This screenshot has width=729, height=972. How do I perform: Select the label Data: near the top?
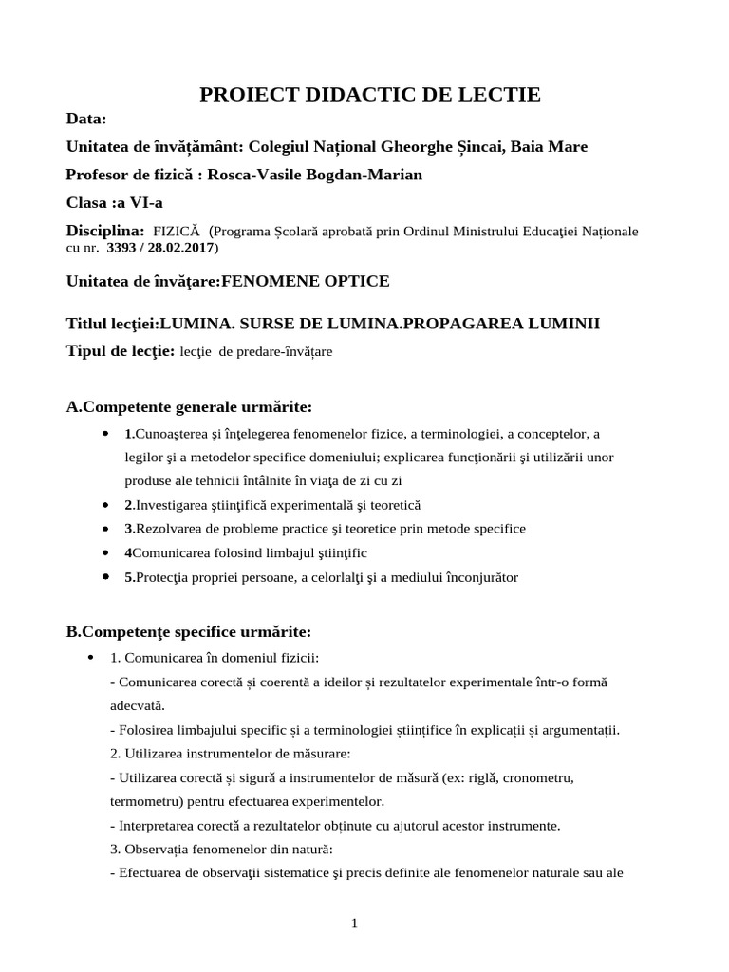point(86,119)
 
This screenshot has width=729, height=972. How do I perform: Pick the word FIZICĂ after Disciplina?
point(177,232)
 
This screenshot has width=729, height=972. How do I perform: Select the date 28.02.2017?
point(183,249)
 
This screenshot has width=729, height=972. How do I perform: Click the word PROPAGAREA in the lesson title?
point(459,324)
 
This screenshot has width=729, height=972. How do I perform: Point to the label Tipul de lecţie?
point(121,351)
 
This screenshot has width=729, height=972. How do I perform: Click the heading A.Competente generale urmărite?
point(189,407)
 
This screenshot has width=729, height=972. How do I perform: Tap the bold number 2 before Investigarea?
point(128,506)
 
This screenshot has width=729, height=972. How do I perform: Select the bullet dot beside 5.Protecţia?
point(103,576)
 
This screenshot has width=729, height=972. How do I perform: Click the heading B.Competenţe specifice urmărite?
point(189,632)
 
